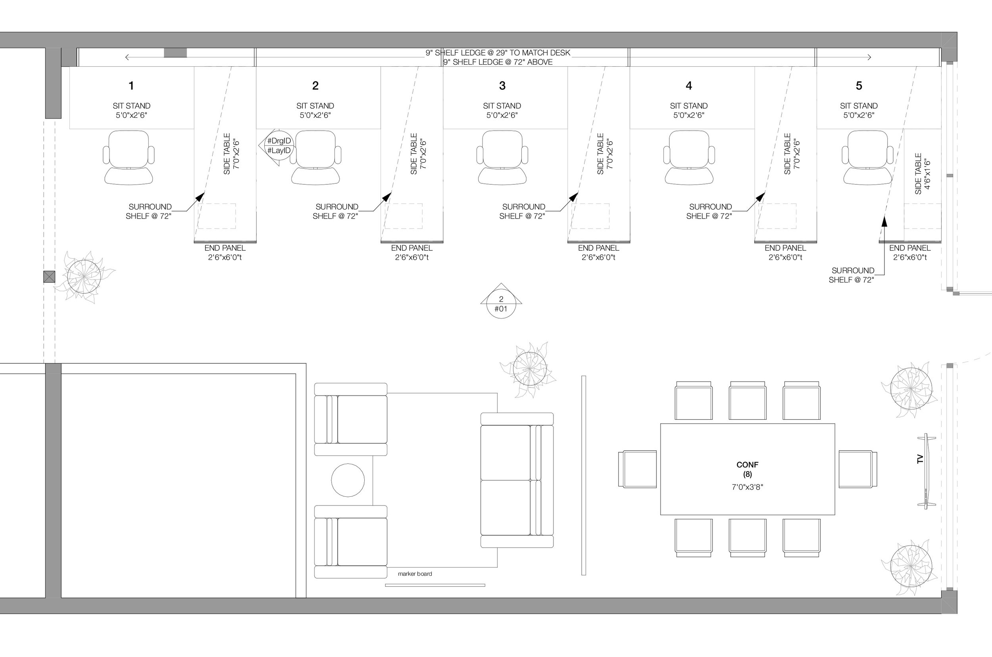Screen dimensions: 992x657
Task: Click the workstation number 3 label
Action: click(x=502, y=85)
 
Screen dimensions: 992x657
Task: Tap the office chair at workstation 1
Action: click(x=129, y=158)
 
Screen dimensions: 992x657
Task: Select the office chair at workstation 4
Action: click(x=689, y=158)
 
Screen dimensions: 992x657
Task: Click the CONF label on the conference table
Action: click(x=747, y=464)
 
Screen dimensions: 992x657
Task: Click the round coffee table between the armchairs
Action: click(x=348, y=480)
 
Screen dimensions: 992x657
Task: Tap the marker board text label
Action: click(x=415, y=574)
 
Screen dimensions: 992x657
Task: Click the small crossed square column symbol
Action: click(x=49, y=277)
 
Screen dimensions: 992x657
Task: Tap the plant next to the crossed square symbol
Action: click(x=84, y=277)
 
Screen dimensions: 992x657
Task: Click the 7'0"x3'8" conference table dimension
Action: click(x=747, y=487)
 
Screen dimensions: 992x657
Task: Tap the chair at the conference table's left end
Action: click(x=637, y=469)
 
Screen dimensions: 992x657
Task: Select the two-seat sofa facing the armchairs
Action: click(x=517, y=480)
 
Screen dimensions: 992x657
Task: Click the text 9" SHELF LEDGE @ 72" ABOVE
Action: click(x=498, y=62)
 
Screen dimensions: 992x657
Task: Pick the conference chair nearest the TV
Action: click(x=857, y=469)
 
